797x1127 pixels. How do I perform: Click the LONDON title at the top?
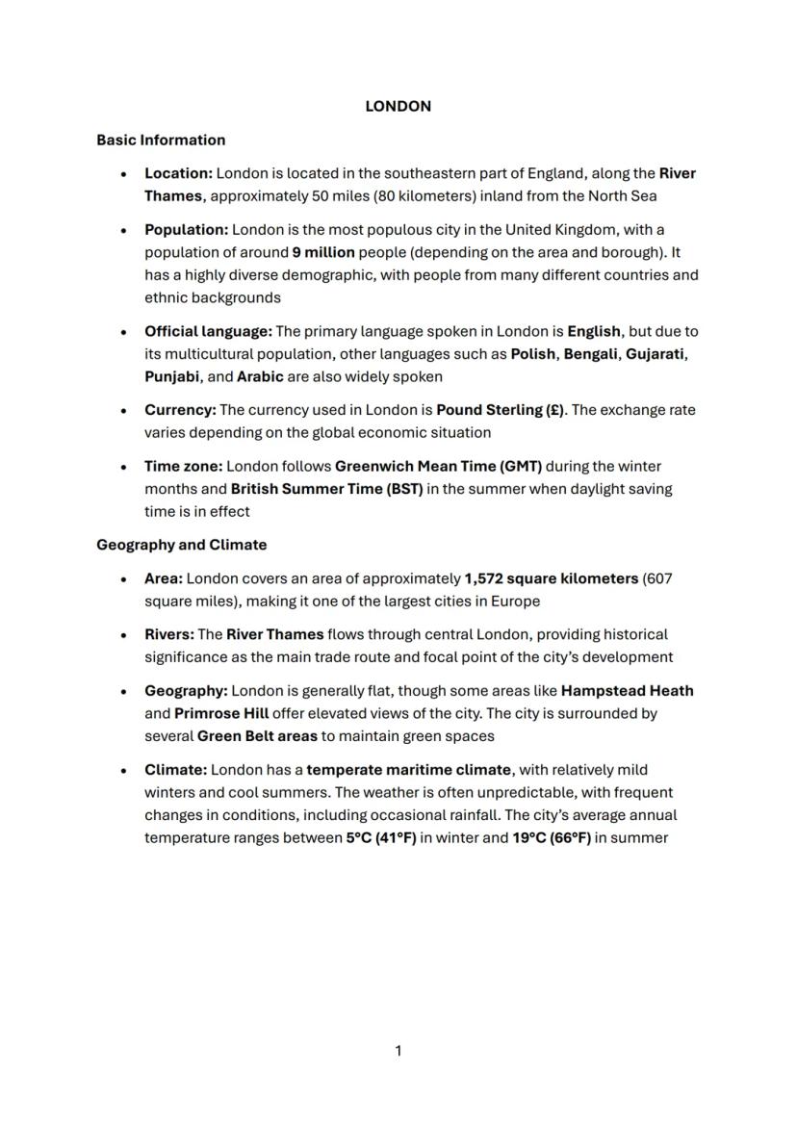click(x=398, y=107)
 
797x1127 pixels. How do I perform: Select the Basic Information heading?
click(x=161, y=141)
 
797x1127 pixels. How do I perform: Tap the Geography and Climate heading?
click(x=181, y=545)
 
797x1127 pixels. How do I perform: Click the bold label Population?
click(x=186, y=230)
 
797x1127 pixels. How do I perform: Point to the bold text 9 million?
click(x=323, y=252)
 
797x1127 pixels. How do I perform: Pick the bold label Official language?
click(x=208, y=331)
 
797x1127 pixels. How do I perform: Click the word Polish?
click(x=532, y=354)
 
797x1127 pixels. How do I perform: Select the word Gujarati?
click(x=656, y=354)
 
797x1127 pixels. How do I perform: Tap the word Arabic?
click(x=260, y=376)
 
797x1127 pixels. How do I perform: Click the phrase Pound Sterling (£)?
click(x=501, y=410)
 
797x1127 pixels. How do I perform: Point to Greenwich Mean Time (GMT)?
click(x=438, y=466)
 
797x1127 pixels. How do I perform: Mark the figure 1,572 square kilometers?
click(x=551, y=578)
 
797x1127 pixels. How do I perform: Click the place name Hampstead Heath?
click(x=627, y=691)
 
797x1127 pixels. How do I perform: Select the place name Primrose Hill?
click(x=220, y=714)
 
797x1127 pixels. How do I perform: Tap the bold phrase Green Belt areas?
click(x=257, y=736)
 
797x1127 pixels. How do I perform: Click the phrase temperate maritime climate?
click(x=409, y=770)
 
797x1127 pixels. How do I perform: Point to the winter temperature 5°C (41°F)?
click(x=381, y=837)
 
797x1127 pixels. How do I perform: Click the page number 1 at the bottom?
click(x=398, y=1051)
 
